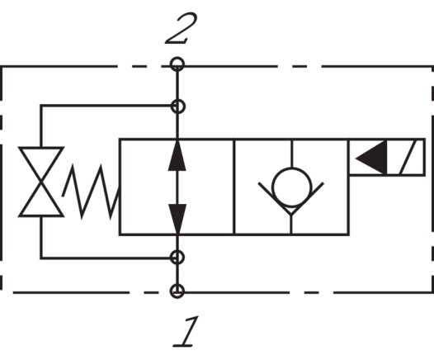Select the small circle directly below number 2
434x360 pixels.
tap(177, 64)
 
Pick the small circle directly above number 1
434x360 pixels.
tap(177, 291)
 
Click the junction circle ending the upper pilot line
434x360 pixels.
tap(177, 106)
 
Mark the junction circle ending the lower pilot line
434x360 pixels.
tap(177, 258)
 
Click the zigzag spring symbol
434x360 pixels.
tap(92, 187)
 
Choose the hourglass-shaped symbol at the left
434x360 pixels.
tap(41, 181)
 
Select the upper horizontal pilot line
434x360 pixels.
tap(107, 106)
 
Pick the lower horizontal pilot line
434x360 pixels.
tap(107, 258)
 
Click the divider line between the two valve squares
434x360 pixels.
tap(234, 187)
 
